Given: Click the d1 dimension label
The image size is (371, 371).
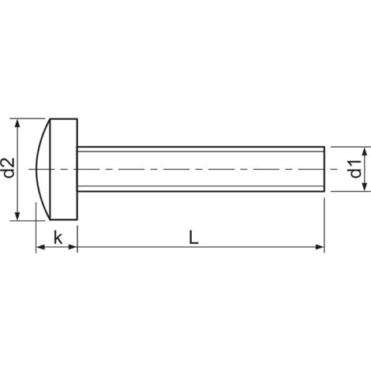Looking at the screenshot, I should click(355, 169).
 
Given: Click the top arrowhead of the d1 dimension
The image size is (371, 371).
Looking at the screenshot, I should click(365, 150).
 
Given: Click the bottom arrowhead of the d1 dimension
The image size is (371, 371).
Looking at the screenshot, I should click(365, 188).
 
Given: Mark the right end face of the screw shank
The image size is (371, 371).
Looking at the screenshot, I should click(323, 169).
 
